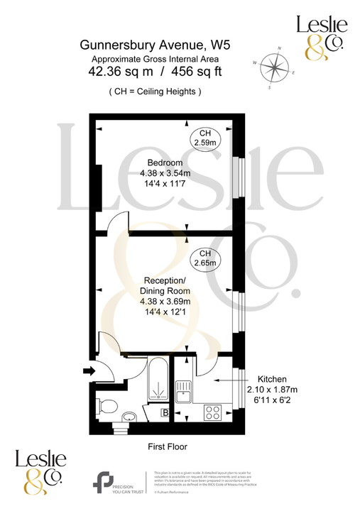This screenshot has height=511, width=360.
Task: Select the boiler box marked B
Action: [165, 412]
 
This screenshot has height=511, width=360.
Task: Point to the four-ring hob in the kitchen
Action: [212, 411]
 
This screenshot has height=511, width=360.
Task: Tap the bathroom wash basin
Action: [129, 417]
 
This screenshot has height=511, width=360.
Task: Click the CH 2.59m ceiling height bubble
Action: [205, 138]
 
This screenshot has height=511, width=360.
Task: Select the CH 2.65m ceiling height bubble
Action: [205, 258]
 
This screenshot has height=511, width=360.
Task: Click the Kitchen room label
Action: [272, 378]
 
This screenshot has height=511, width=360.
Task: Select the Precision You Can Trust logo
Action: [118, 482]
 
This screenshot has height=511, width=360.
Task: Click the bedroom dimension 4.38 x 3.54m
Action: [166, 173]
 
